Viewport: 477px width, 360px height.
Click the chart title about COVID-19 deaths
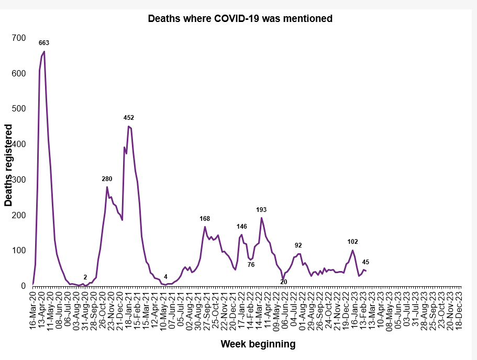point(240,18)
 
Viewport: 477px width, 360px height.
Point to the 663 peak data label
point(44,43)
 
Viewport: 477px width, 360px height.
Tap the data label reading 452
point(129,118)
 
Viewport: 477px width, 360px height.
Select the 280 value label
point(107,179)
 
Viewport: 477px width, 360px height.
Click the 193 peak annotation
point(261,209)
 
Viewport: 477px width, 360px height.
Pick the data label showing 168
point(205,219)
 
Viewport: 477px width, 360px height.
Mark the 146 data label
point(242,226)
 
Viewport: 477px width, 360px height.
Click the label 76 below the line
point(251,265)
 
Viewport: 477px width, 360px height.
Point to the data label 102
point(352,242)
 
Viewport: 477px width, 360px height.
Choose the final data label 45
point(365,262)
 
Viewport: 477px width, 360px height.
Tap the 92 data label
point(298,245)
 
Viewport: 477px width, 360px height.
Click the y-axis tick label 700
point(19,38)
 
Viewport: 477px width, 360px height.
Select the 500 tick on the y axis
point(19,108)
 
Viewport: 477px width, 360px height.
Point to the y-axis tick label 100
point(19,250)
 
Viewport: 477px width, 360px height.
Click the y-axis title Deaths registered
point(8,165)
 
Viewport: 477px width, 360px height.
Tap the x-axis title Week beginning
point(258,344)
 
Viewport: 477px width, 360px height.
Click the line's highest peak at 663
point(45,51)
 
